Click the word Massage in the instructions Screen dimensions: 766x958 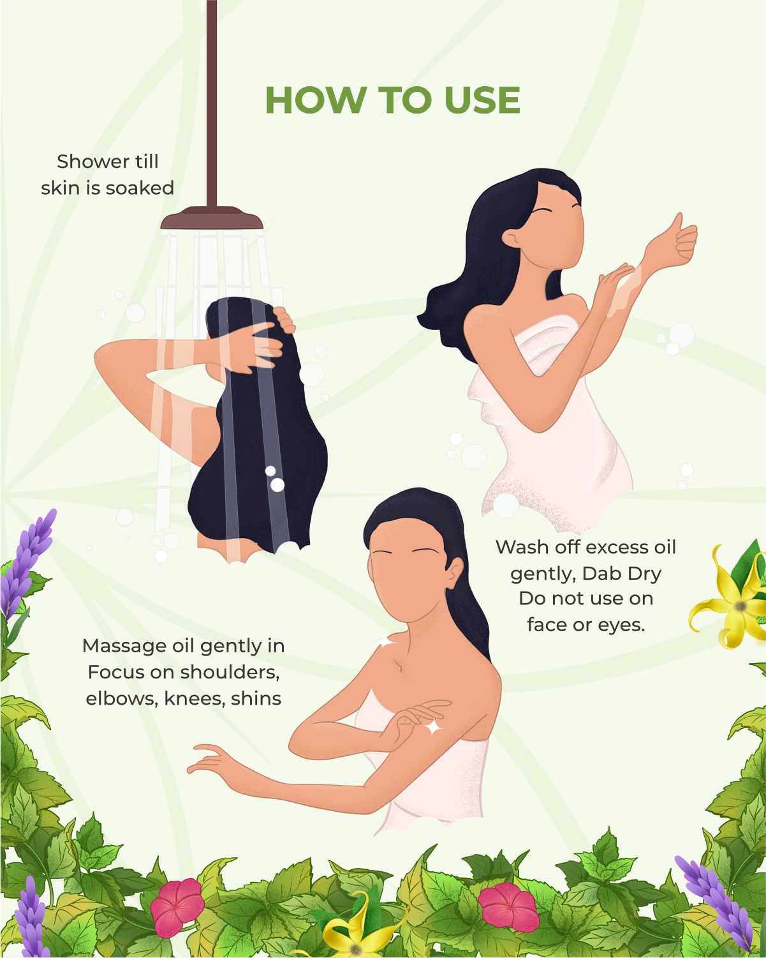point(118,647)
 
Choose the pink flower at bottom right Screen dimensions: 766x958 point(508,906)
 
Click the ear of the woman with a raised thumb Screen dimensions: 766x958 point(511,237)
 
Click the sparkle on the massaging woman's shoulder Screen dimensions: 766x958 point(386,641)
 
